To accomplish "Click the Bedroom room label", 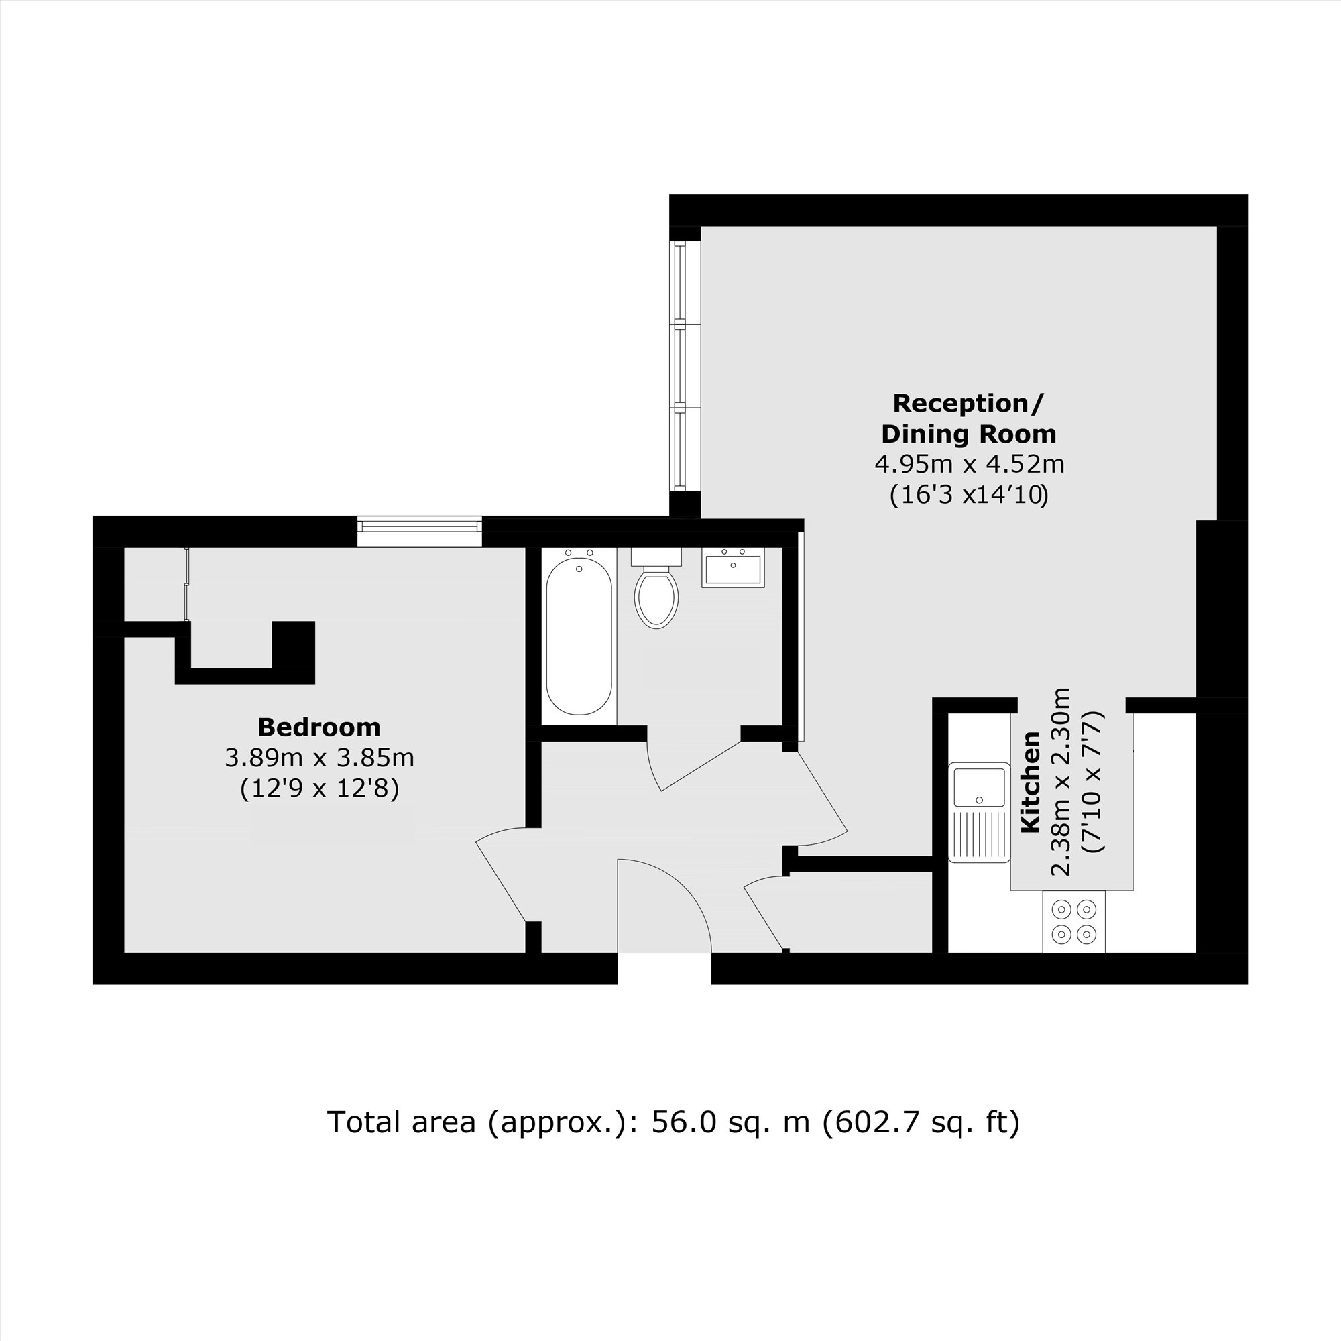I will (318, 727).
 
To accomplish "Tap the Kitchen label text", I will (1031, 782).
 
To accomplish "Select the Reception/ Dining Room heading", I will (968, 418).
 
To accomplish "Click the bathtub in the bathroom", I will (578, 636).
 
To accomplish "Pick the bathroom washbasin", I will (732, 569).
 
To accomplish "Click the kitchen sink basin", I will (980, 785).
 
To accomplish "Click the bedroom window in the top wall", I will (419, 532).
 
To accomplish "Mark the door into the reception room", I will (823, 798).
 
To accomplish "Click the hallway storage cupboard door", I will (764, 916).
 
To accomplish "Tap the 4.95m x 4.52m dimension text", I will (969, 464).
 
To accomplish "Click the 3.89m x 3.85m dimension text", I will (319, 757).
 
